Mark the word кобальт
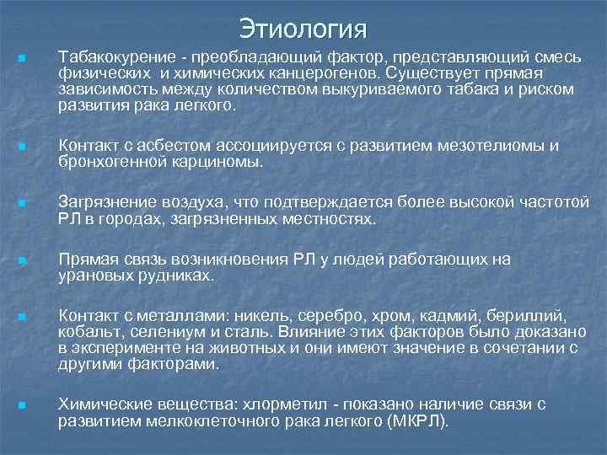[x=88, y=332]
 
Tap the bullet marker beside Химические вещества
[x=20, y=405]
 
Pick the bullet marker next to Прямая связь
[x=20, y=260]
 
